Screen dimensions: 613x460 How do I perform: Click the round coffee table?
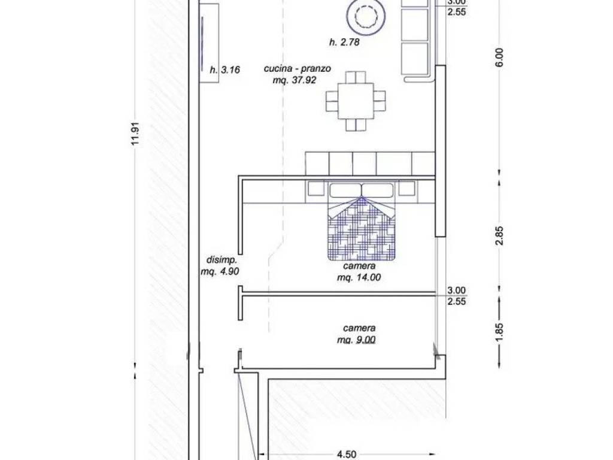click(366, 16)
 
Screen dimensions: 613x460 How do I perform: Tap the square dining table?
click(356, 101)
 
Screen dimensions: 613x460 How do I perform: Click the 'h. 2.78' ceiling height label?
click(344, 42)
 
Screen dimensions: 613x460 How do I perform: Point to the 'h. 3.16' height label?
click(225, 70)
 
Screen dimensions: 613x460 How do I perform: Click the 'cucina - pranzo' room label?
click(297, 69)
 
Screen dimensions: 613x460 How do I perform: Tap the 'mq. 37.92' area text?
click(295, 80)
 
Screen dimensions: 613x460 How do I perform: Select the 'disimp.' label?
click(221, 260)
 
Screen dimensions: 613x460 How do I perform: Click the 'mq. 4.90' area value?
click(220, 271)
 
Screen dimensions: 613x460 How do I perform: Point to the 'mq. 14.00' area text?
click(359, 278)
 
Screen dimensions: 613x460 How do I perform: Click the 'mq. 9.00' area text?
click(356, 340)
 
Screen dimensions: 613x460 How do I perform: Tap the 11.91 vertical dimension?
click(135, 135)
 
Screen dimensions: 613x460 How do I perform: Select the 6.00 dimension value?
click(500, 57)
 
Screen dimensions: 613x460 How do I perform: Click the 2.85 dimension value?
click(499, 236)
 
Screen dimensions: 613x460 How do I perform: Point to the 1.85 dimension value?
click(499, 332)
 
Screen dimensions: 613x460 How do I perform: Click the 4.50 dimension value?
click(347, 454)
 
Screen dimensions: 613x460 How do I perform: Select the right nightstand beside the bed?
click(406, 189)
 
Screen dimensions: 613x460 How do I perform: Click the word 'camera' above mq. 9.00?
click(359, 328)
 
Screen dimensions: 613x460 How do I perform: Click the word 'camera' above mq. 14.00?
click(359, 266)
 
